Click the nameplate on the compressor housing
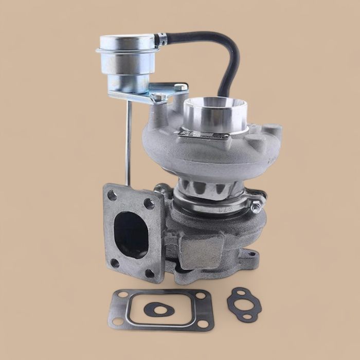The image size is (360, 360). [203, 136]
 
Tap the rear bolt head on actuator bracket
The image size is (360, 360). [181, 88]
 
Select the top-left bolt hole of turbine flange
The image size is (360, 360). [112, 195]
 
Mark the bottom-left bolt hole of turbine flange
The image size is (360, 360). [115, 263]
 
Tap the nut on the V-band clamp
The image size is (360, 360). [256, 208]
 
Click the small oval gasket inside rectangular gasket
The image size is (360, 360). [156, 309]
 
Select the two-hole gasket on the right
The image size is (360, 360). [244, 304]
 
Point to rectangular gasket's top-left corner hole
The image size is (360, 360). [122, 296]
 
